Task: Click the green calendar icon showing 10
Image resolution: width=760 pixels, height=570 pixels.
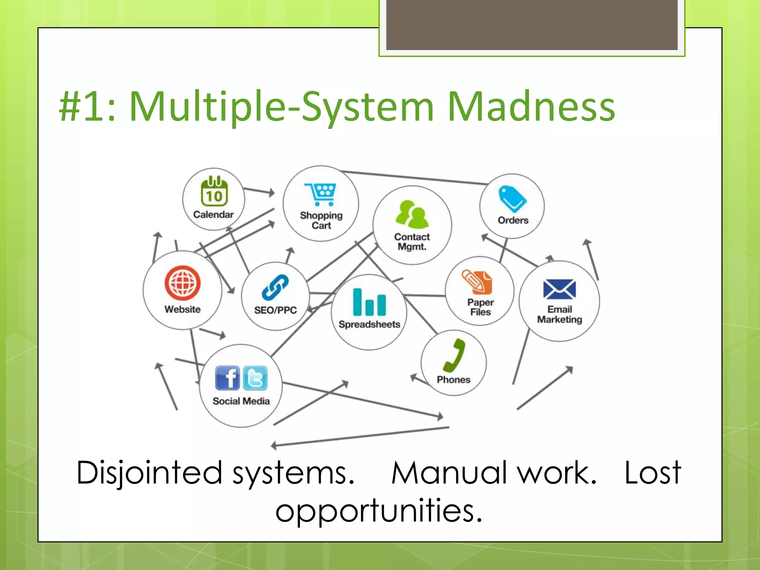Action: (x=214, y=191)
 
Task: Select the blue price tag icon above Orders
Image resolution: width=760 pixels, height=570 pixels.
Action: (x=512, y=199)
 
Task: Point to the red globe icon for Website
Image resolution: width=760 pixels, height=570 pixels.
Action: (x=183, y=283)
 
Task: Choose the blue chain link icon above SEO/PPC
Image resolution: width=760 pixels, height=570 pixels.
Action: (x=275, y=287)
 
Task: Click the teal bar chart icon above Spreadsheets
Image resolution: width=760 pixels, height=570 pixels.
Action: (x=369, y=302)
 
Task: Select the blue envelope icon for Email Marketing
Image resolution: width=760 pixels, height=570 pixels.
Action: (x=559, y=289)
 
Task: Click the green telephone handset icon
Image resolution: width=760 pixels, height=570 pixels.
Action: (x=455, y=355)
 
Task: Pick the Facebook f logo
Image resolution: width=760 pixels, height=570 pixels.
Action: (x=227, y=378)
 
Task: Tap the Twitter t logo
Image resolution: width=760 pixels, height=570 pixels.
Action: (x=255, y=378)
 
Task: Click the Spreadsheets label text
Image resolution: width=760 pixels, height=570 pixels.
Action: (x=369, y=324)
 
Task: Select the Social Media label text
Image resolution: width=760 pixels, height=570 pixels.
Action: (x=241, y=401)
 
